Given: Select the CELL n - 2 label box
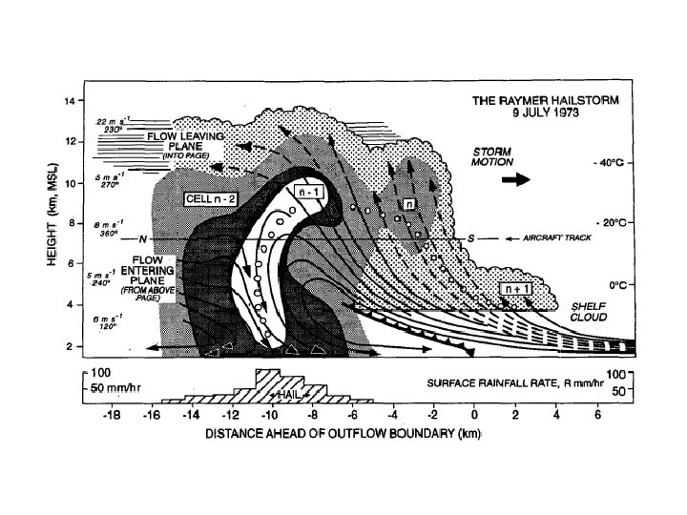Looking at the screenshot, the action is (213, 198).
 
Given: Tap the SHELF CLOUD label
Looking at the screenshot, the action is (588, 312).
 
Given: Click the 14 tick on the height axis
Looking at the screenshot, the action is (69, 101).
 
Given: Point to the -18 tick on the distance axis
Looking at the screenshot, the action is (112, 418).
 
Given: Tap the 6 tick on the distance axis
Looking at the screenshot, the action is (598, 418).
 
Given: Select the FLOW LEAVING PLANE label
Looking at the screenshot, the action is (184, 138).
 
